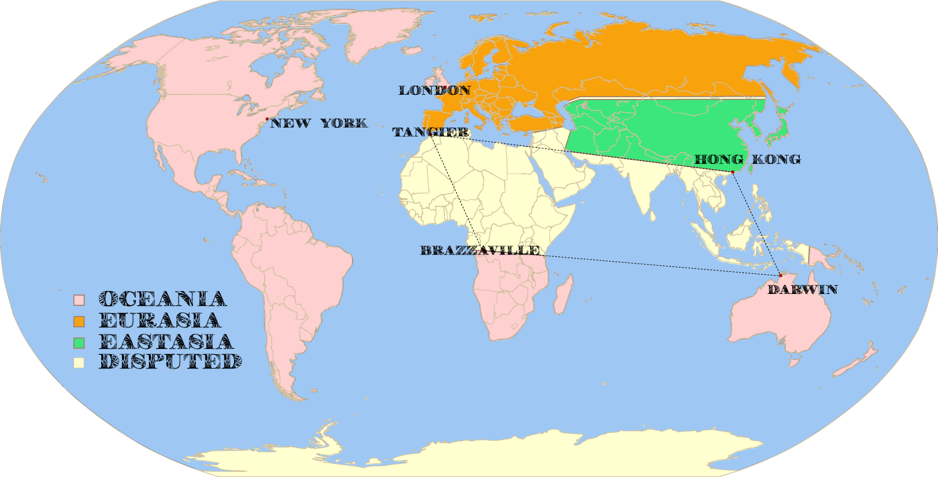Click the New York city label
pos(319,123)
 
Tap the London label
pos(435,91)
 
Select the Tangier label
pos(431,132)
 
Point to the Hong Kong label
pos(747,160)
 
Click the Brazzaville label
pos(480,250)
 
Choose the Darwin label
pos(802,290)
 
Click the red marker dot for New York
pos(267,119)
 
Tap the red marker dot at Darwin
pos(780,275)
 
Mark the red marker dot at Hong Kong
pos(733,172)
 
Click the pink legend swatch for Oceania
pos(79,300)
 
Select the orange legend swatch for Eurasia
pos(79,321)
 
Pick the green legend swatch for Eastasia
pos(79,343)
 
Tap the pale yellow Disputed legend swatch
pos(79,363)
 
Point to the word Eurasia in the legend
pos(160,321)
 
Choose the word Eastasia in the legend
pos(166,342)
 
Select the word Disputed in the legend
pos(170,362)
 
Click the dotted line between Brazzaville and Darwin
pos(655,265)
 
